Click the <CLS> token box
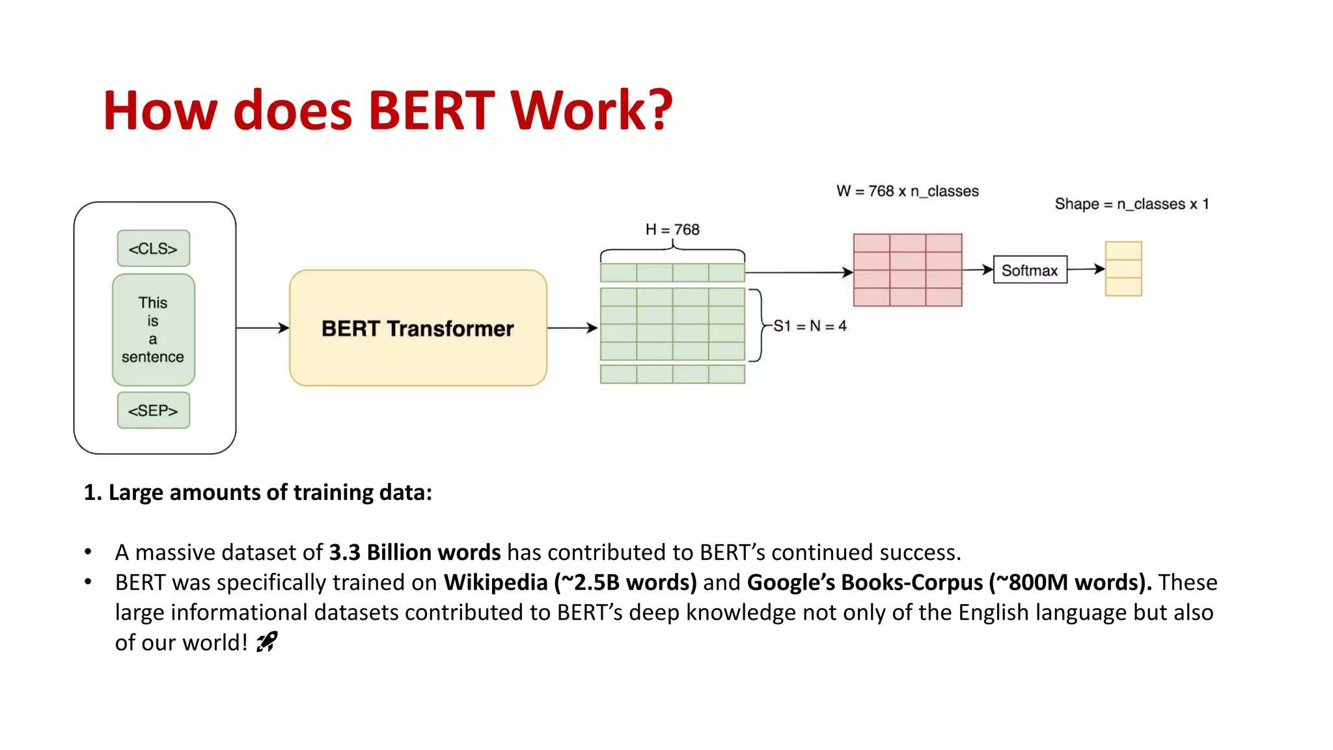[x=153, y=249]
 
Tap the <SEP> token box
[x=153, y=411]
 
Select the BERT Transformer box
[x=418, y=328]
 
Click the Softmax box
[x=1030, y=270]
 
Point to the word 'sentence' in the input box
[x=153, y=357]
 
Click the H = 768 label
[x=672, y=230]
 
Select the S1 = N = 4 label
[x=810, y=326]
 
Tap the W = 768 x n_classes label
[x=907, y=191]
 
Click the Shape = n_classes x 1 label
[x=1132, y=204]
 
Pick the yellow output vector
[x=1123, y=269]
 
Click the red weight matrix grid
[x=907, y=270]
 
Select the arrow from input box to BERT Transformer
[x=262, y=328]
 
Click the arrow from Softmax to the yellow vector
[x=1086, y=269]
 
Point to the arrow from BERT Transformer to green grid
[x=572, y=328]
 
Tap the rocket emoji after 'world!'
[x=267, y=643]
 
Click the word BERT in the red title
[x=432, y=111]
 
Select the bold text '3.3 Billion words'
[x=415, y=552]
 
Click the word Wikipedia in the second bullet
[x=495, y=582]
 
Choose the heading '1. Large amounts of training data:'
[x=258, y=492]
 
